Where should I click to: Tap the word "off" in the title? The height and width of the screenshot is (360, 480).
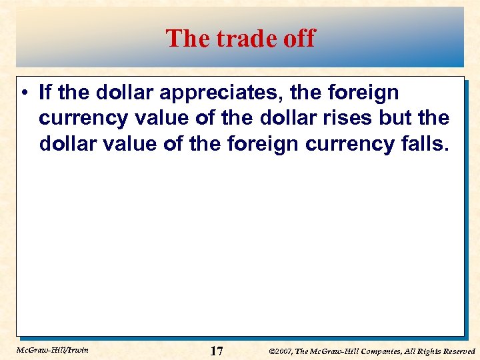tap(299, 39)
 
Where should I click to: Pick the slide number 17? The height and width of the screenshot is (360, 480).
tap(216, 350)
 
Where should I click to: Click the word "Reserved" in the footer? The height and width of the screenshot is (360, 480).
tap(456, 351)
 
